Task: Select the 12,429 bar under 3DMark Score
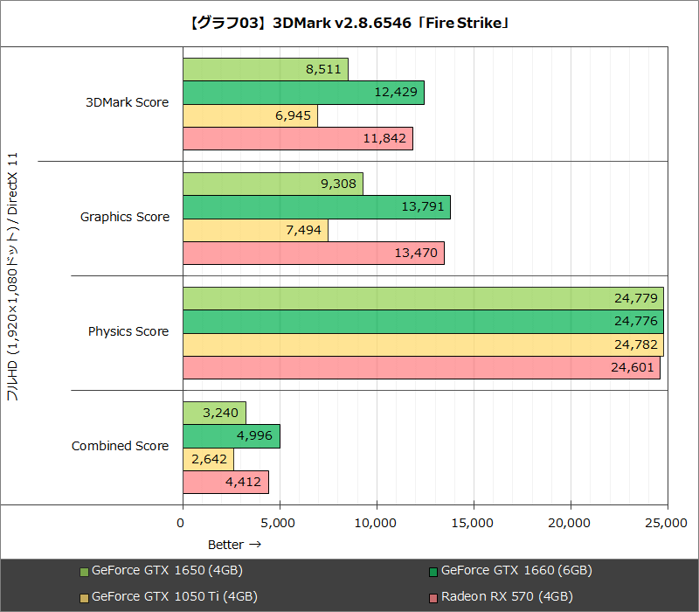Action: point(303,93)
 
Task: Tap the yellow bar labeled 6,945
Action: point(250,116)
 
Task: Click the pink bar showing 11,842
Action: point(297,139)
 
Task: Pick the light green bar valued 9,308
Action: point(273,184)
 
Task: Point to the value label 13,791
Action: point(423,208)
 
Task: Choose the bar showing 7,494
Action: point(255,231)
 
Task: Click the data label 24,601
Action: point(633,368)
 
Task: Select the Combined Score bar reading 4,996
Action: point(231,437)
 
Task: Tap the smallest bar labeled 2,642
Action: point(208,460)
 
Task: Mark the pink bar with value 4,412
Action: point(225,483)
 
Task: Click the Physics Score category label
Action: point(128,331)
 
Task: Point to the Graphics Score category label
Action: point(124,217)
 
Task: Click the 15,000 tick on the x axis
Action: point(474,523)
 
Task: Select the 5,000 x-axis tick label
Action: point(280,523)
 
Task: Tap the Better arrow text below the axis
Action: point(234,544)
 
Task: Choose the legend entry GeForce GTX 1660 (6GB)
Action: point(516,571)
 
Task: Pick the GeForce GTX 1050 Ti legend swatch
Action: point(84,598)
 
